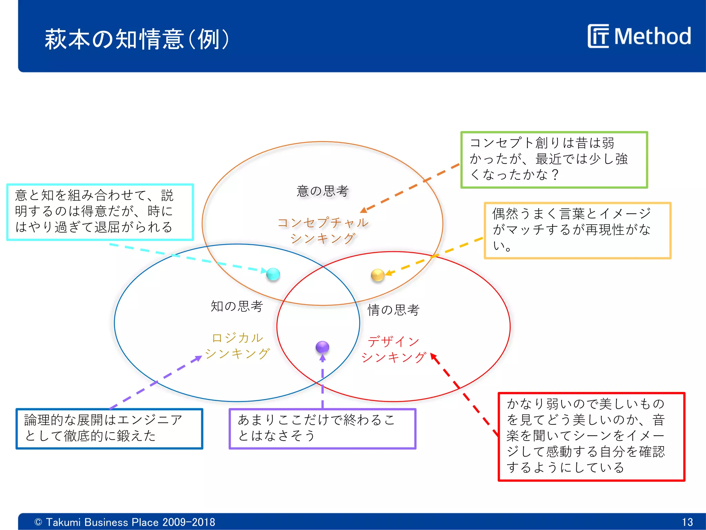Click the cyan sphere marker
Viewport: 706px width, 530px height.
(x=273, y=274)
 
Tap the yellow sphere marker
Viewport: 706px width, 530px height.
(x=377, y=275)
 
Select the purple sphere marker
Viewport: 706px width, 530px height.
(x=322, y=347)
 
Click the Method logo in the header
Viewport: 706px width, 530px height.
(x=639, y=36)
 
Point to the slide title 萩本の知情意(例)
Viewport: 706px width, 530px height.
(x=137, y=39)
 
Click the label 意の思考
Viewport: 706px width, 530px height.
(x=323, y=191)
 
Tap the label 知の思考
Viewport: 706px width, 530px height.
(x=237, y=306)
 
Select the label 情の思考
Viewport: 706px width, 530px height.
(x=393, y=310)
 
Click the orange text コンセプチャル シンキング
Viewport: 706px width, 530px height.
(x=323, y=230)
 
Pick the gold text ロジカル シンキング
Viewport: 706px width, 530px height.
(x=237, y=346)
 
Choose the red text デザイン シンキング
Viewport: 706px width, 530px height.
(x=393, y=350)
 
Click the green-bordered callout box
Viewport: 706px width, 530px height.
(x=554, y=160)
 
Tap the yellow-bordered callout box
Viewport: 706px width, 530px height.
(x=577, y=230)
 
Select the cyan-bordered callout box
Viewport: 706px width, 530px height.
(x=100, y=212)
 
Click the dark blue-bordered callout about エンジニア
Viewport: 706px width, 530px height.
(x=109, y=429)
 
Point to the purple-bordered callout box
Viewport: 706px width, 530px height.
(x=322, y=429)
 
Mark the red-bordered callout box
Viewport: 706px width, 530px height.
(x=591, y=436)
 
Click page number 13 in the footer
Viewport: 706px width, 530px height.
(x=687, y=522)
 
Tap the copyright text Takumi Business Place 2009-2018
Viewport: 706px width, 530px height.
(x=125, y=522)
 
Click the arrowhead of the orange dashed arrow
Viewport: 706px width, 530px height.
(x=363, y=210)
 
